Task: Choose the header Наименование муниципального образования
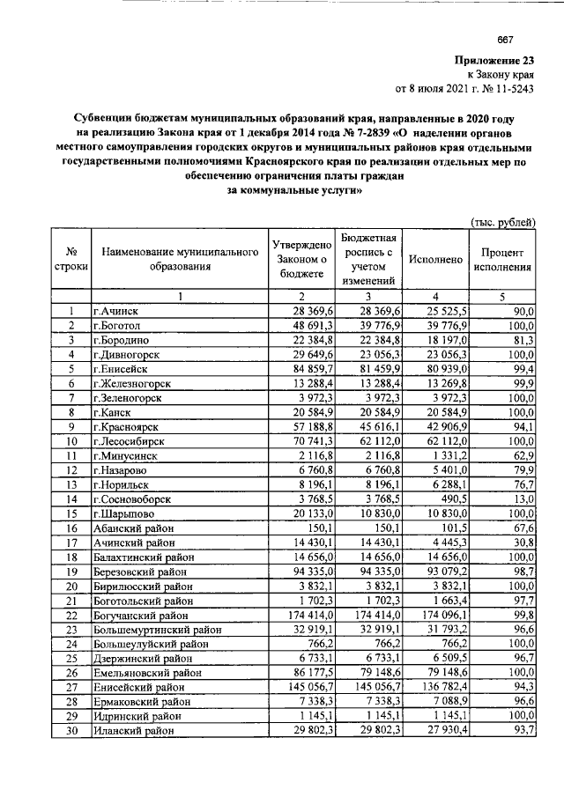[x=179, y=261]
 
